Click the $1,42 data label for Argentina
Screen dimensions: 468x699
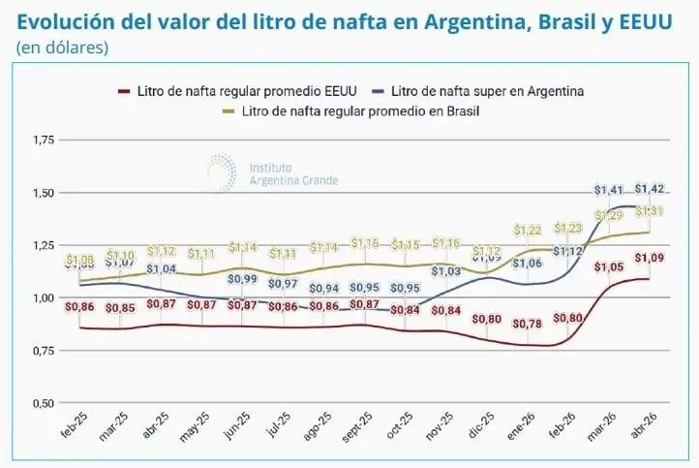coord(650,189)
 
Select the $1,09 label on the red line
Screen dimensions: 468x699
coord(649,258)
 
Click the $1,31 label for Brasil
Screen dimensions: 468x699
coord(650,211)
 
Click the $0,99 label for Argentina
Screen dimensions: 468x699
coord(244,279)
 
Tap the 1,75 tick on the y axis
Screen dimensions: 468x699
coord(44,141)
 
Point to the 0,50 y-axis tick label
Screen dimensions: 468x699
coord(44,403)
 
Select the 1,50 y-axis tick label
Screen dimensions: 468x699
coord(44,194)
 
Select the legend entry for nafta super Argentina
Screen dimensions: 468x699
coord(485,91)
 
